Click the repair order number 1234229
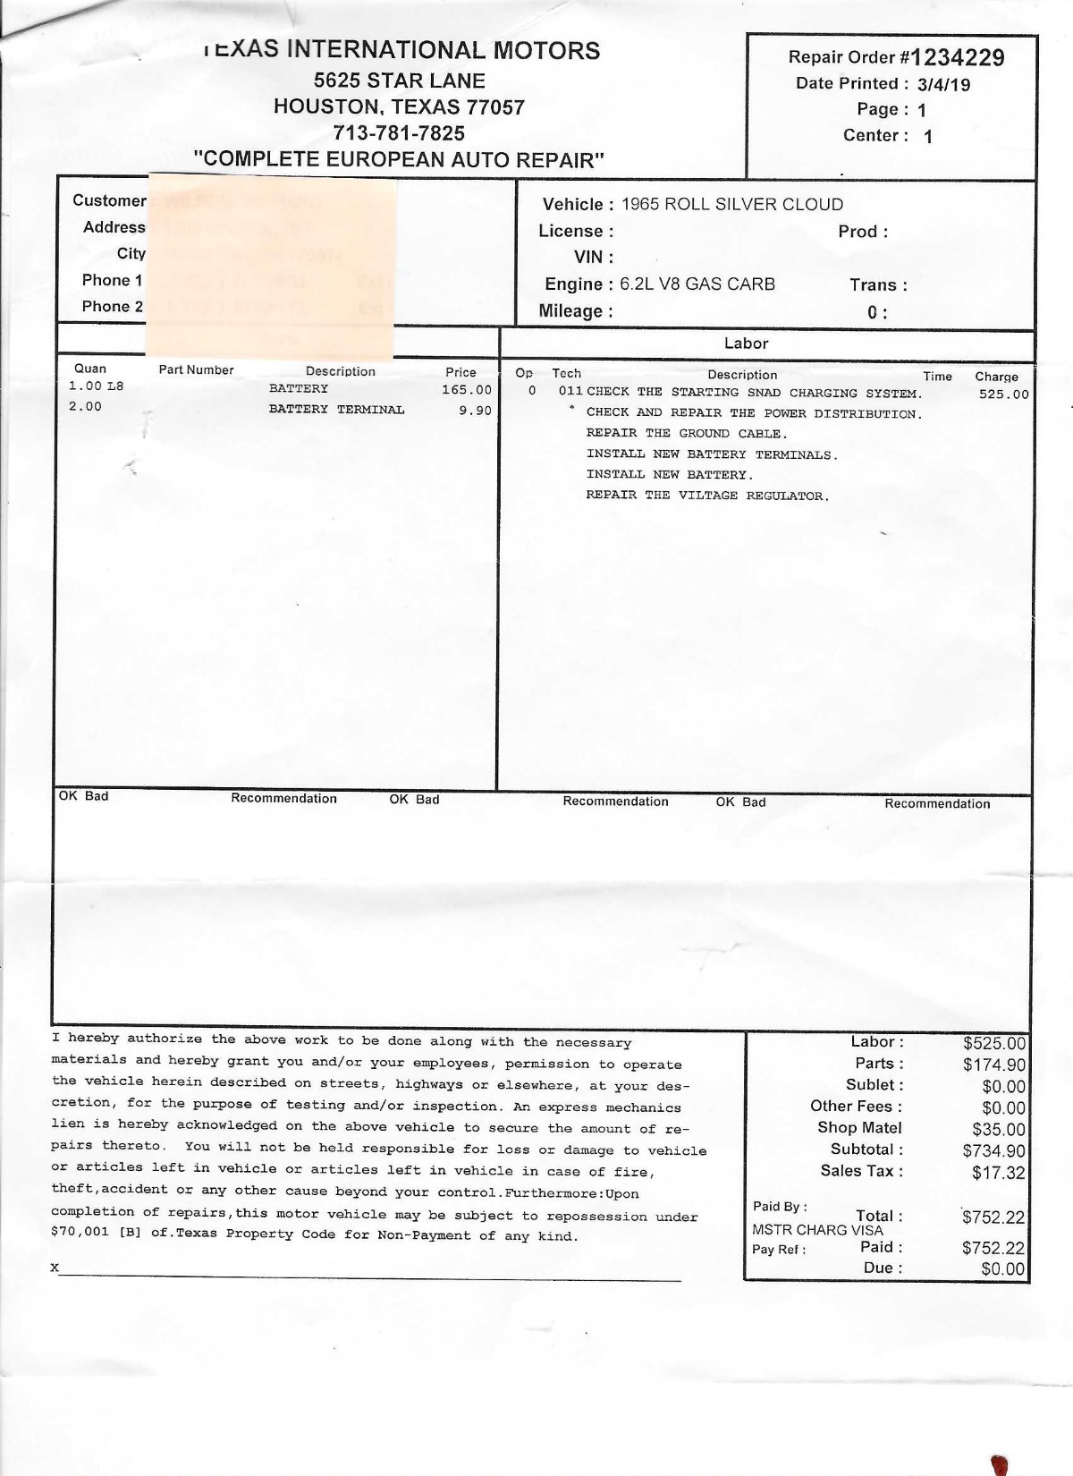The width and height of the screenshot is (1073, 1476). click(x=958, y=58)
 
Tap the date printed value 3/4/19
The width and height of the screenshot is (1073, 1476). click(x=943, y=85)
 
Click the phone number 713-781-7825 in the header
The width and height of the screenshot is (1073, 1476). click(x=399, y=133)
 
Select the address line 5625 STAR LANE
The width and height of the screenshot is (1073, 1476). click(x=399, y=81)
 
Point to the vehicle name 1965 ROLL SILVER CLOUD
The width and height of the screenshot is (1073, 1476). click(x=732, y=204)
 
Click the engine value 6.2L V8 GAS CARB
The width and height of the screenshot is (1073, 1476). click(x=697, y=284)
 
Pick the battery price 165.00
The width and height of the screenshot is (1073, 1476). click(x=466, y=390)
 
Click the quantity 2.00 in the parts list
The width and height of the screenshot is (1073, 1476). click(x=85, y=407)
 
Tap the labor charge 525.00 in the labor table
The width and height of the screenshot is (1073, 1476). click(x=1003, y=394)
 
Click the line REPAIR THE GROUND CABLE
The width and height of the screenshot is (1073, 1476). click(x=687, y=434)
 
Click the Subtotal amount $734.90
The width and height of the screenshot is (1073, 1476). click(x=993, y=1151)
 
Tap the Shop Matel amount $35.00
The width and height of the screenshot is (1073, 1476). click(x=998, y=1130)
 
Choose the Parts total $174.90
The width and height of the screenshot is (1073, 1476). click(x=993, y=1065)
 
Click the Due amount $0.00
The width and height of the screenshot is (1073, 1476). click(x=1002, y=1268)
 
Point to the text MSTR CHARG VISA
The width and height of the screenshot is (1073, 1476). click(x=817, y=1230)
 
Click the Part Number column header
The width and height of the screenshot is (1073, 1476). click(x=196, y=370)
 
